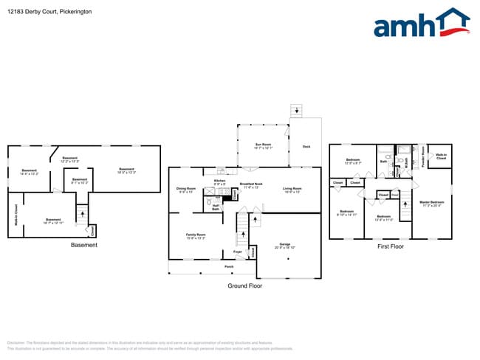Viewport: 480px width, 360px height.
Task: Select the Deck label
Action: click(x=306, y=147)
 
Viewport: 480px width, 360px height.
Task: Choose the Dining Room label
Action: click(x=186, y=190)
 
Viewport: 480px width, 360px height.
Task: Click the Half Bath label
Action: click(x=216, y=208)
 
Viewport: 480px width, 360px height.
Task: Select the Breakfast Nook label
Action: click(x=251, y=185)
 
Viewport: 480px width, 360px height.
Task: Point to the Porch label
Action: click(x=229, y=266)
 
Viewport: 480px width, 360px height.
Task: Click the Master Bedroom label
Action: click(x=431, y=204)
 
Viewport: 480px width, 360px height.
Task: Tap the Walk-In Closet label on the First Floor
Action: click(x=441, y=156)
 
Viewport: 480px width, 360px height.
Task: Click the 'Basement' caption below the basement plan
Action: click(x=83, y=245)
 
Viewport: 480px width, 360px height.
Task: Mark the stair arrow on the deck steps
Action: click(x=297, y=111)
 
